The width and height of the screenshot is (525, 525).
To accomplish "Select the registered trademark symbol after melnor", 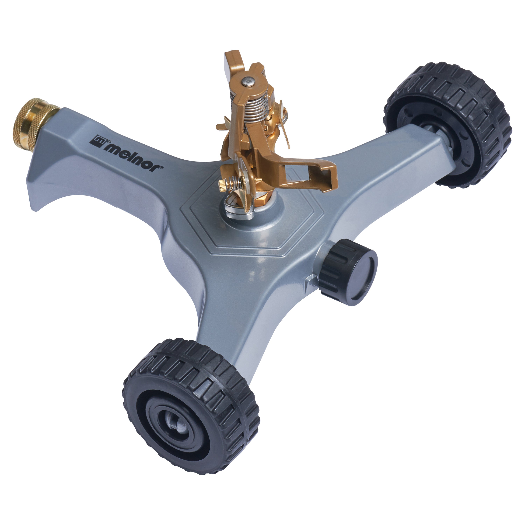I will [162, 168].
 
